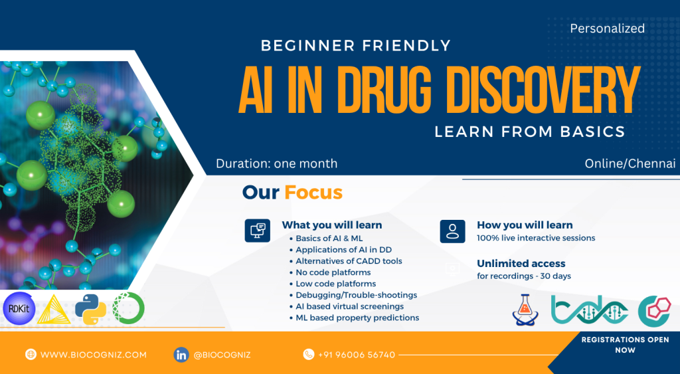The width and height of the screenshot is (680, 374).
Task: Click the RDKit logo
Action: [19, 308]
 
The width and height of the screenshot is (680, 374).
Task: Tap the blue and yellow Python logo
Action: [90, 308]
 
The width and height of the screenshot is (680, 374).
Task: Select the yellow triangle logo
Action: [54, 310]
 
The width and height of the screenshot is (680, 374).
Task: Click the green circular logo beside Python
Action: [128, 308]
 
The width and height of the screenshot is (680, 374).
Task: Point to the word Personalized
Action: [607, 29]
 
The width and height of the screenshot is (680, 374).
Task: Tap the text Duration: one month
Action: [277, 163]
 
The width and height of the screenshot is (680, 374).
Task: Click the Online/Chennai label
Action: [630, 163]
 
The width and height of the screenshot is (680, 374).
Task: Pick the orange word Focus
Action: [313, 193]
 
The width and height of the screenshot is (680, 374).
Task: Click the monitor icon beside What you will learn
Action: [258, 231]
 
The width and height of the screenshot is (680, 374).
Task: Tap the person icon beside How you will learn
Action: [452, 231]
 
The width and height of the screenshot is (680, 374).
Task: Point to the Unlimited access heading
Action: [521, 264]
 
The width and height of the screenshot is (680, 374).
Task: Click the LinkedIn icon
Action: [181, 355]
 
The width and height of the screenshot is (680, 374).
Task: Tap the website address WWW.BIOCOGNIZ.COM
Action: [94, 355]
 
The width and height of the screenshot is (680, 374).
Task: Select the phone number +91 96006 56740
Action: [357, 355]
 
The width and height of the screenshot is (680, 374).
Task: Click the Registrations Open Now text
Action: [626, 345]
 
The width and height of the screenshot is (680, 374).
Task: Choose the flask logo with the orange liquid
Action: [525, 310]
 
